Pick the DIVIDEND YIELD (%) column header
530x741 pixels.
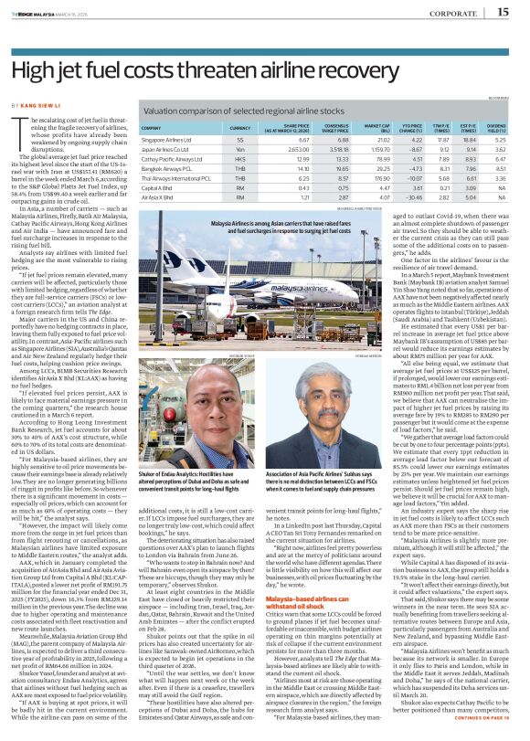point(496,129)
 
